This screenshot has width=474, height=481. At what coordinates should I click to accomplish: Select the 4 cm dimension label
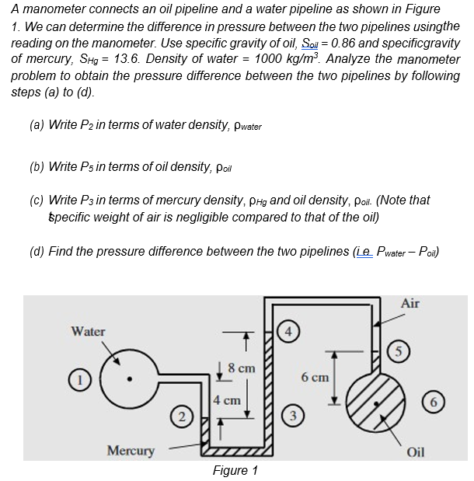(226, 402)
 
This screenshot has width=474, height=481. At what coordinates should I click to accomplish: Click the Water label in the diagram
(88, 332)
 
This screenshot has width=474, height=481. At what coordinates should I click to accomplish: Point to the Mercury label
(131, 451)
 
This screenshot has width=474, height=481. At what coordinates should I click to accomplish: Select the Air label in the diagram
(410, 304)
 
